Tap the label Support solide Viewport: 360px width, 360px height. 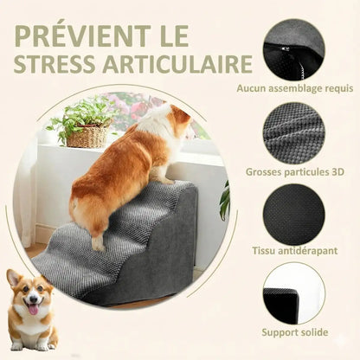coord(293,332)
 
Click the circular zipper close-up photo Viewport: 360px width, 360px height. coord(293,49)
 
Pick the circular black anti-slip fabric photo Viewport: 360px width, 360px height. coord(293,214)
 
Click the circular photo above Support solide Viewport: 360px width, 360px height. coord(293,293)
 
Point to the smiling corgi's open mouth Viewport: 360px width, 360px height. coord(33,309)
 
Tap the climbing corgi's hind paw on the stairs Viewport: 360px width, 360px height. coord(100,245)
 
